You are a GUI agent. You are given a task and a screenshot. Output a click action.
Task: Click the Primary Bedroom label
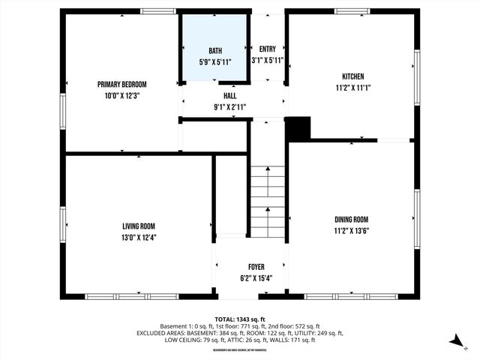[121, 84]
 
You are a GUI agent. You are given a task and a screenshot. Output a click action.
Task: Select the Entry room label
[268, 49]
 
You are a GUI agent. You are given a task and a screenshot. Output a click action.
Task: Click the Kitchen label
[352, 76]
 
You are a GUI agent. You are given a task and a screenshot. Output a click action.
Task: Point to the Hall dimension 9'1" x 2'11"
[230, 107]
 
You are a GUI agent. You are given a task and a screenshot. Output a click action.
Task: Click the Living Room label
[139, 226]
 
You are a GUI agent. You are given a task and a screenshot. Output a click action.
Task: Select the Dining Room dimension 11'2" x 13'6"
[352, 230]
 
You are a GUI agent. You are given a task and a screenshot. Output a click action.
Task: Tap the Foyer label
[256, 267]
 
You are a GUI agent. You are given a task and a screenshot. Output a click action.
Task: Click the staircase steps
[268, 200]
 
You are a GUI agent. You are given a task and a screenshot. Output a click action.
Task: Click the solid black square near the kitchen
[298, 128]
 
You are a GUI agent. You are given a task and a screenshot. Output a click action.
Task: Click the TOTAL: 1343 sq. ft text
[240, 318]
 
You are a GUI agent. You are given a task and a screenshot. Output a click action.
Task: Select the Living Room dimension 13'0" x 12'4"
[139, 237]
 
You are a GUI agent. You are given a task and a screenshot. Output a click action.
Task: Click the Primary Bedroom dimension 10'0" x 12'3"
[121, 95]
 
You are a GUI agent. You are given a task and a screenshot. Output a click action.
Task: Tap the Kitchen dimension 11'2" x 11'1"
[352, 88]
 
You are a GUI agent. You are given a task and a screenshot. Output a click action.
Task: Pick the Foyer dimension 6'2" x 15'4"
[256, 278]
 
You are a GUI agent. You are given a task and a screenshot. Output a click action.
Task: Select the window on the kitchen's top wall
[352, 11]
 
